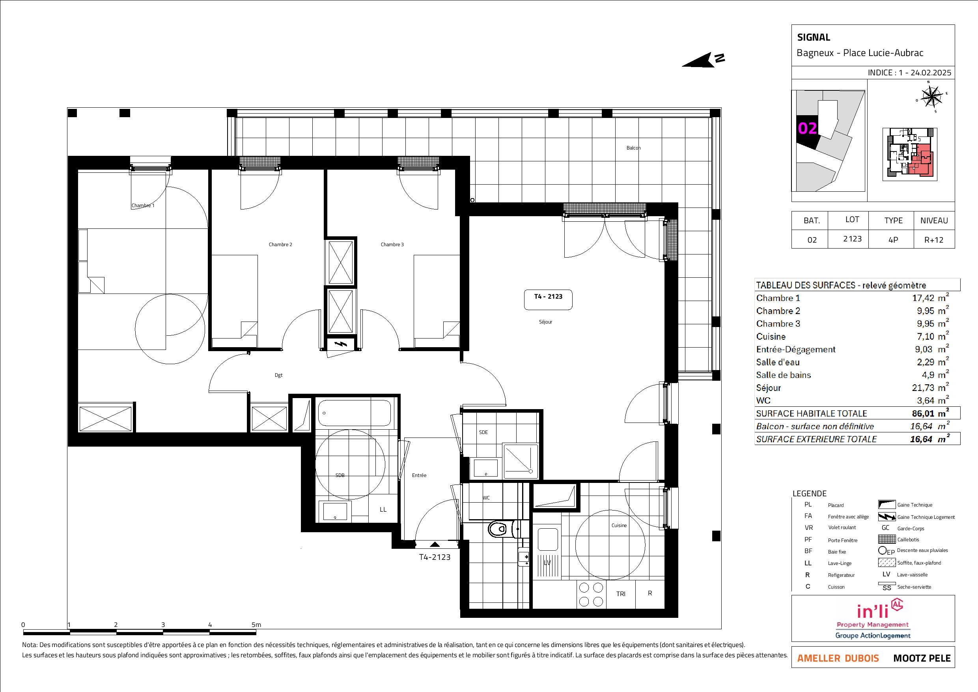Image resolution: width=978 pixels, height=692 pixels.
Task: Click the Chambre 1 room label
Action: [143, 206]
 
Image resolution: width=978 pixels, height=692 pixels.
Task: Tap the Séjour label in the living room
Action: [545, 322]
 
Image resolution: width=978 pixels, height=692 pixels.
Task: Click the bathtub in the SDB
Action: [355, 412]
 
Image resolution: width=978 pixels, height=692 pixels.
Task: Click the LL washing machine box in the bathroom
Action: [383, 509]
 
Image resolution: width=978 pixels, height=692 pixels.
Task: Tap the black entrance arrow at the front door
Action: [435, 544]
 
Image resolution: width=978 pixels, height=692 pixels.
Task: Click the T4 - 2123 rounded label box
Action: [548, 299]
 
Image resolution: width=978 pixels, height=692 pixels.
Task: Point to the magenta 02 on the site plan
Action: [807, 128]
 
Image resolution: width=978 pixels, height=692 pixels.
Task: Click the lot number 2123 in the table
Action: [852, 239]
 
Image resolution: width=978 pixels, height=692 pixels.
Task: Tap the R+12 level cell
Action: [934, 239]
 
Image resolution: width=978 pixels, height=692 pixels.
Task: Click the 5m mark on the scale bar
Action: [256, 625]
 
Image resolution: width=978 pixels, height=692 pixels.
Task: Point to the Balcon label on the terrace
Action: [633, 148]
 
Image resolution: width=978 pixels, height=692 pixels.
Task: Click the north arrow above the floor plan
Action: [703, 60]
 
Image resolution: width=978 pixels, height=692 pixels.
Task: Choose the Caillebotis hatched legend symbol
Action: [887, 539]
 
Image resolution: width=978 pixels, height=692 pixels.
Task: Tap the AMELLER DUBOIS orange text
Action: [838, 658]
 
